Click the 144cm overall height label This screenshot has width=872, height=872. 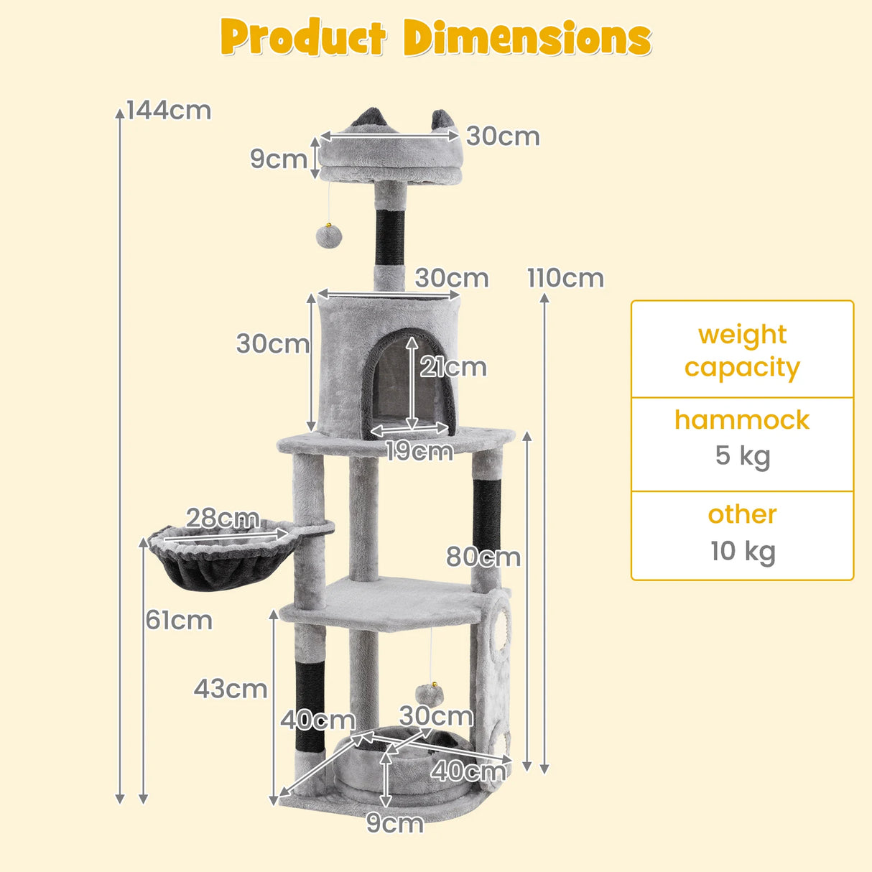click(x=169, y=111)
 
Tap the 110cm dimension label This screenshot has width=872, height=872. click(x=565, y=278)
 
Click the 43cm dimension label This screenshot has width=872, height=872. click(x=231, y=689)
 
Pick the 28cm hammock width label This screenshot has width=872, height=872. click(x=223, y=518)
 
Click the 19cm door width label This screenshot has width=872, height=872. click(x=419, y=450)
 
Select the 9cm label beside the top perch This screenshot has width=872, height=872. click(x=279, y=159)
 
